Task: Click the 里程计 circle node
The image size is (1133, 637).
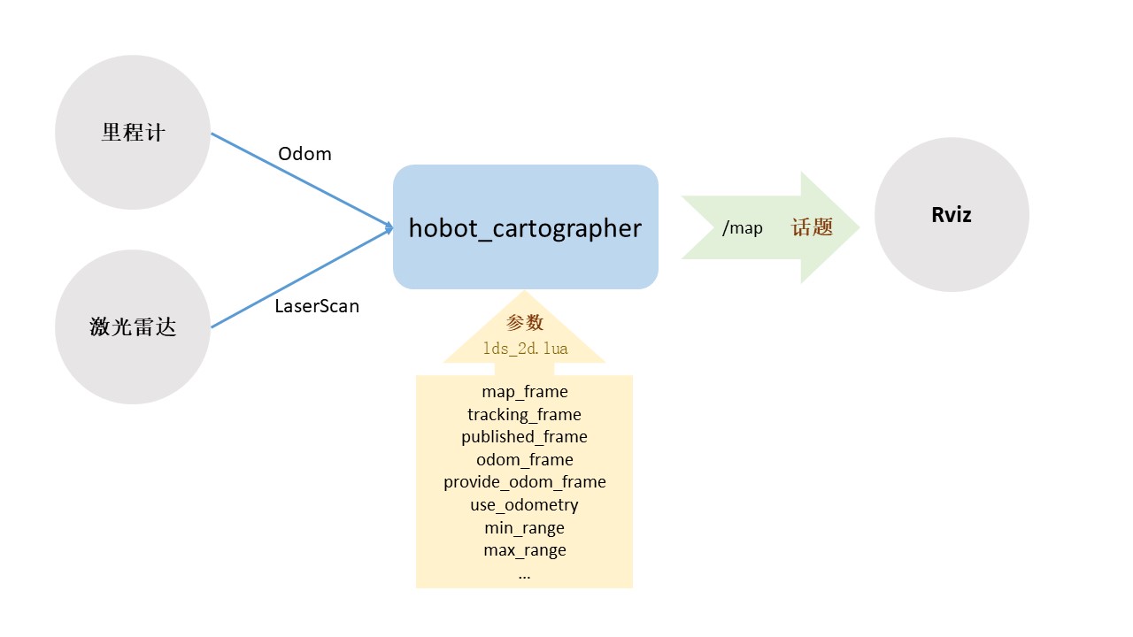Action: tap(133, 133)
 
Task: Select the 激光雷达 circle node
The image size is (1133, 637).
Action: tap(133, 327)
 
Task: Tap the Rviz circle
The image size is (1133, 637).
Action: tap(952, 215)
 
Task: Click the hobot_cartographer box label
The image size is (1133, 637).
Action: tap(525, 228)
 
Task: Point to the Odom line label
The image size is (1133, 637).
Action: tap(304, 154)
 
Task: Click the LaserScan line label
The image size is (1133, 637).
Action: tap(317, 307)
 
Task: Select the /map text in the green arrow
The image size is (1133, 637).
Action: tap(742, 228)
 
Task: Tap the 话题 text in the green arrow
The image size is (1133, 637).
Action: tap(812, 227)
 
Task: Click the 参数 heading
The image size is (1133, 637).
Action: tap(524, 323)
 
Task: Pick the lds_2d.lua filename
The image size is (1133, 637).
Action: tap(525, 349)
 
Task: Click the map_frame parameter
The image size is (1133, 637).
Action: tap(525, 391)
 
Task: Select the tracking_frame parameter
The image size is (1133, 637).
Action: tap(525, 414)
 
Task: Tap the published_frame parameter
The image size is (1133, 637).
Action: tap(525, 437)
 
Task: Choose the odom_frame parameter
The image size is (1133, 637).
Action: tap(525, 460)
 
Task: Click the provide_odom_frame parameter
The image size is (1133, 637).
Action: tap(525, 482)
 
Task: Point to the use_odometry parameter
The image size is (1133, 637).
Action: tap(525, 505)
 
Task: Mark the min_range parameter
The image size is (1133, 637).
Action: tap(525, 528)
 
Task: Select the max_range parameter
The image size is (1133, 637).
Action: tap(525, 550)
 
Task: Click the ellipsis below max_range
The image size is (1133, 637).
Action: tap(525, 574)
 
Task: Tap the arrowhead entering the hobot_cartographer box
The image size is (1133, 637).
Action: tap(389, 227)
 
